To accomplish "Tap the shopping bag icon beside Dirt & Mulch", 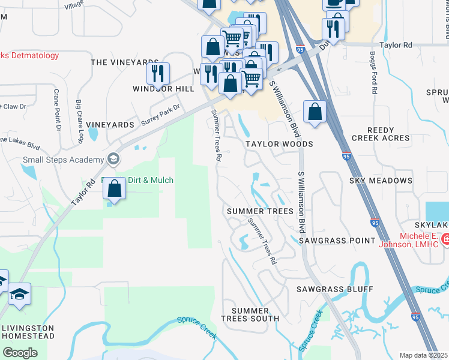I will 114,189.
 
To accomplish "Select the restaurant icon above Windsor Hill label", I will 158,74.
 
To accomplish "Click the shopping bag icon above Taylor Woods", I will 315,111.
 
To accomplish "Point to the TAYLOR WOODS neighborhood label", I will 279,145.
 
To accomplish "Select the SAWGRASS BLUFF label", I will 334,289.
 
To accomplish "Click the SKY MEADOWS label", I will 381,181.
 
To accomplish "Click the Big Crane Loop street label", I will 79,120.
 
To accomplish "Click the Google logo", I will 20,353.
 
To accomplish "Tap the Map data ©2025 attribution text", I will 423,355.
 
